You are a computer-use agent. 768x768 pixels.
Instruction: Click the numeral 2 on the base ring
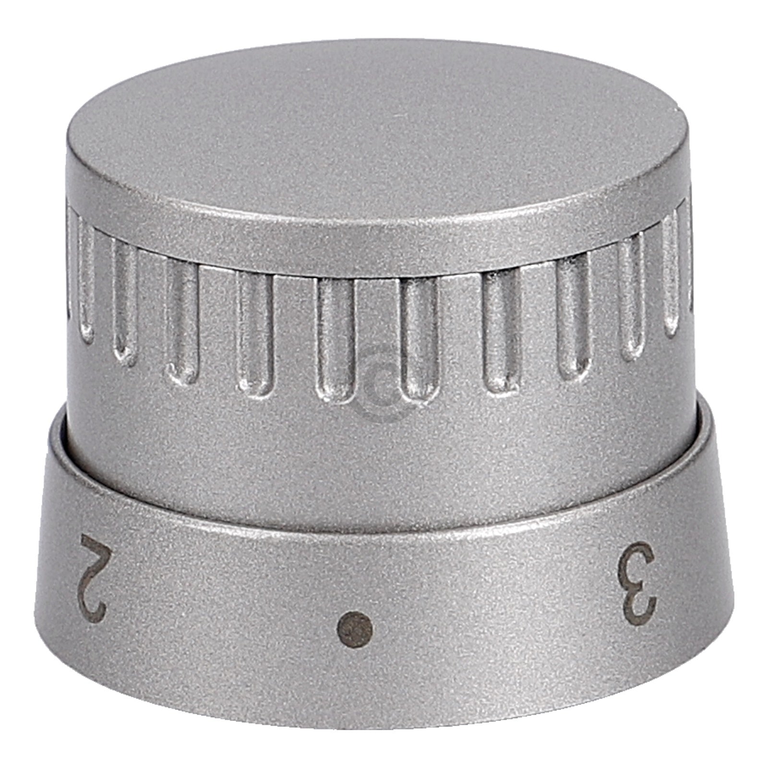(94, 576)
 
